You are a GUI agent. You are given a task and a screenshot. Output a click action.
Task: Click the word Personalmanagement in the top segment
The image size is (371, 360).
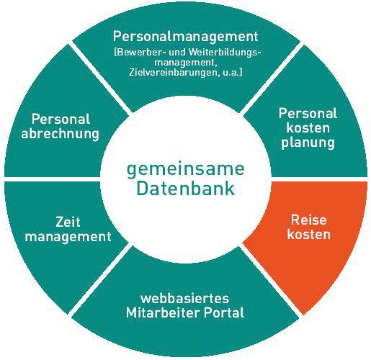(185, 37)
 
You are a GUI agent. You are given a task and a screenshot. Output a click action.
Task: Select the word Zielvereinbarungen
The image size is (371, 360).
(173, 73)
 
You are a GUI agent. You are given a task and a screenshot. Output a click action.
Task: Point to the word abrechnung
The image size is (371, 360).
(60, 134)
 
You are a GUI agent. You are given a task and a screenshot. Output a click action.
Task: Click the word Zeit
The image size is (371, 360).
(68, 222)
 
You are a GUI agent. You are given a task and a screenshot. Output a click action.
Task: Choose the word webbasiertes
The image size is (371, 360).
(184, 298)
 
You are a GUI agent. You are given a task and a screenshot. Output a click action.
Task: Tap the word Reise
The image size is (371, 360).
(309, 220)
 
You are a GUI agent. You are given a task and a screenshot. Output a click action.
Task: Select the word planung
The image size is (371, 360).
(308, 143)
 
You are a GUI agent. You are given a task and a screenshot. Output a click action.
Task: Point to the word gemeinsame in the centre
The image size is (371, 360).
(185, 170)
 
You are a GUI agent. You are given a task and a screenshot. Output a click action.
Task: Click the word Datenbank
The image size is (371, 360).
(185, 189)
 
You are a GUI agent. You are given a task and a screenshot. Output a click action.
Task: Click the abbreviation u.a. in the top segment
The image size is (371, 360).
(233, 73)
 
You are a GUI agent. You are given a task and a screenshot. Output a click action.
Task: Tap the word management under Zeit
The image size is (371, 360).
(68, 237)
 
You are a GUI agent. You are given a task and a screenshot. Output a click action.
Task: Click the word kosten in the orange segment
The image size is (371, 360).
(309, 234)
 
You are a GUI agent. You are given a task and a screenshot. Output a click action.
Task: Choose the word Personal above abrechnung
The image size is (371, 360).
(61, 119)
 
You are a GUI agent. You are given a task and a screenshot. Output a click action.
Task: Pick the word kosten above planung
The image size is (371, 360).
(308, 128)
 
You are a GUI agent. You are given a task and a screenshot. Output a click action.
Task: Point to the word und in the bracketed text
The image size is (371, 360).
(178, 53)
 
